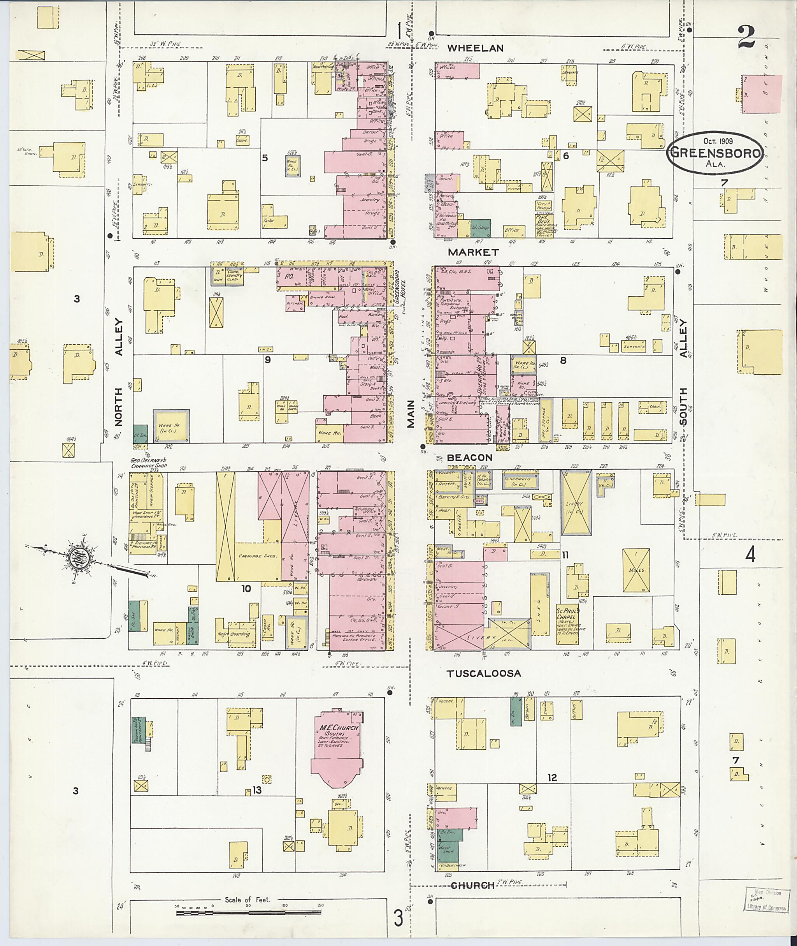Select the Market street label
point(474,252)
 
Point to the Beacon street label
point(469,458)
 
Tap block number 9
point(267,360)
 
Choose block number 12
point(552,778)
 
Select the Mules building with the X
point(636,571)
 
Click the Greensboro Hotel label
point(400,287)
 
